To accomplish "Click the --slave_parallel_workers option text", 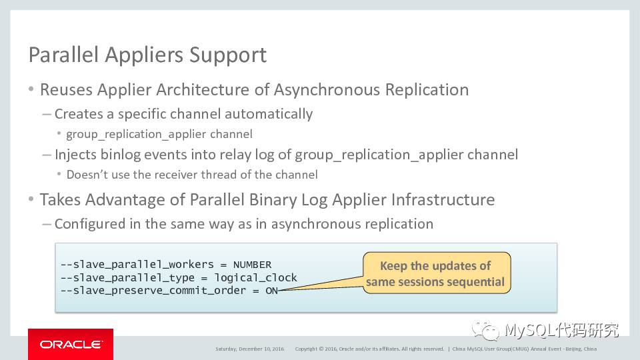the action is (x=137, y=265).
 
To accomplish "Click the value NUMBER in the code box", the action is (x=252, y=265).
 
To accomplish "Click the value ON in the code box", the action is (x=271, y=290).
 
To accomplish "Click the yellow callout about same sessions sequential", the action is (x=436, y=273).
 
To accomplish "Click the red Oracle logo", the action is (x=71, y=344).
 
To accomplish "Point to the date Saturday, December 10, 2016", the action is (x=249, y=349).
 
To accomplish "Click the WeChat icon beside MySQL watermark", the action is (x=485, y=330).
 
